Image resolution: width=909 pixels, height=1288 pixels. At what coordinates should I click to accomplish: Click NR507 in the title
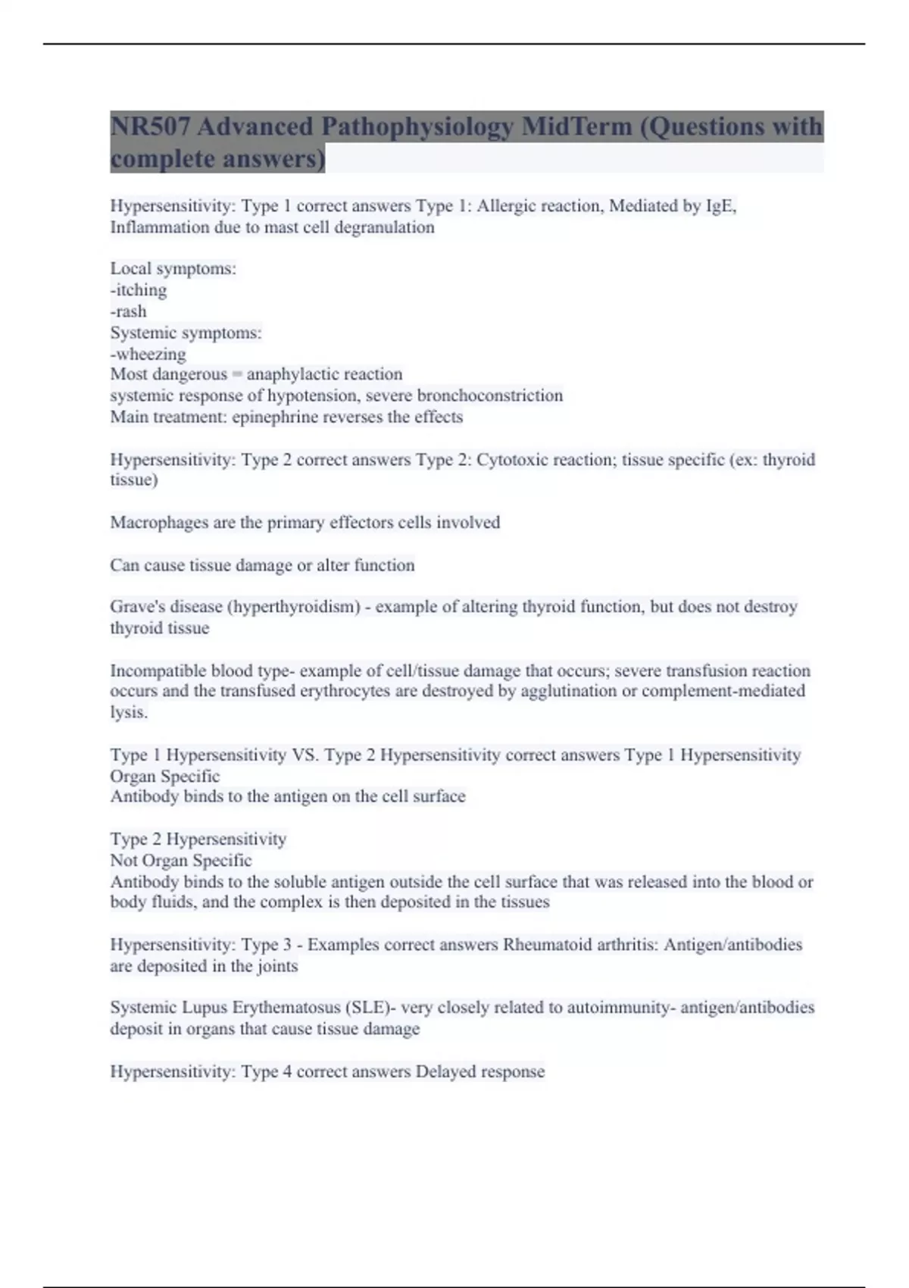(150, 127)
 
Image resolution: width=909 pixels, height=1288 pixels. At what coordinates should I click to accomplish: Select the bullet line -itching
(139, 290)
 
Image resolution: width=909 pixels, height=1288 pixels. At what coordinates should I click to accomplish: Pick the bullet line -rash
(129, 311)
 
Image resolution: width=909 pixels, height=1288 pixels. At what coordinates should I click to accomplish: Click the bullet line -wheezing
(148, 354)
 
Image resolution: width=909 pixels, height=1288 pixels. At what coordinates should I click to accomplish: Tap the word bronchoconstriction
(490, 395)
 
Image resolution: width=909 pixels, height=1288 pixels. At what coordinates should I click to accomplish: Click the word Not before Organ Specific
(123, 861)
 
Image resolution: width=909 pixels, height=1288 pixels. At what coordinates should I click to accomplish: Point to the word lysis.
(129, 712)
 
